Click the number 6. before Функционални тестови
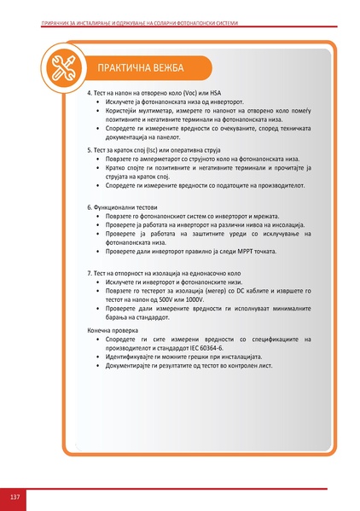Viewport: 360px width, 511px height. point(91,207)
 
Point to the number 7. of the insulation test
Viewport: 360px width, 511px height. point(91,272)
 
